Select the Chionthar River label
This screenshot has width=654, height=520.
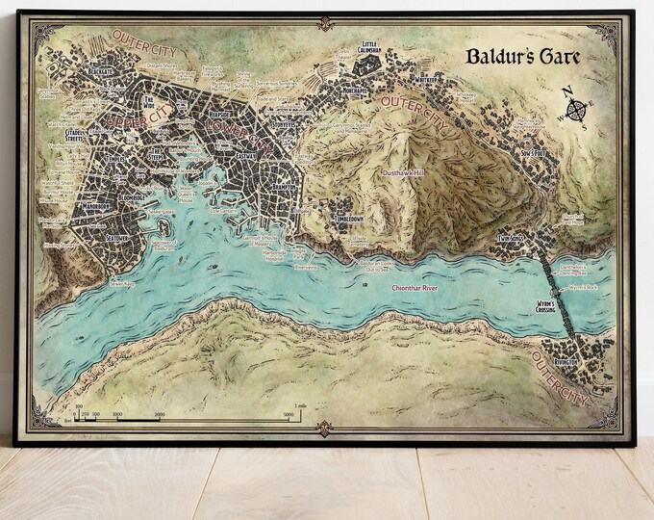413,287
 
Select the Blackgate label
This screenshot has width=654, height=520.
102,70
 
